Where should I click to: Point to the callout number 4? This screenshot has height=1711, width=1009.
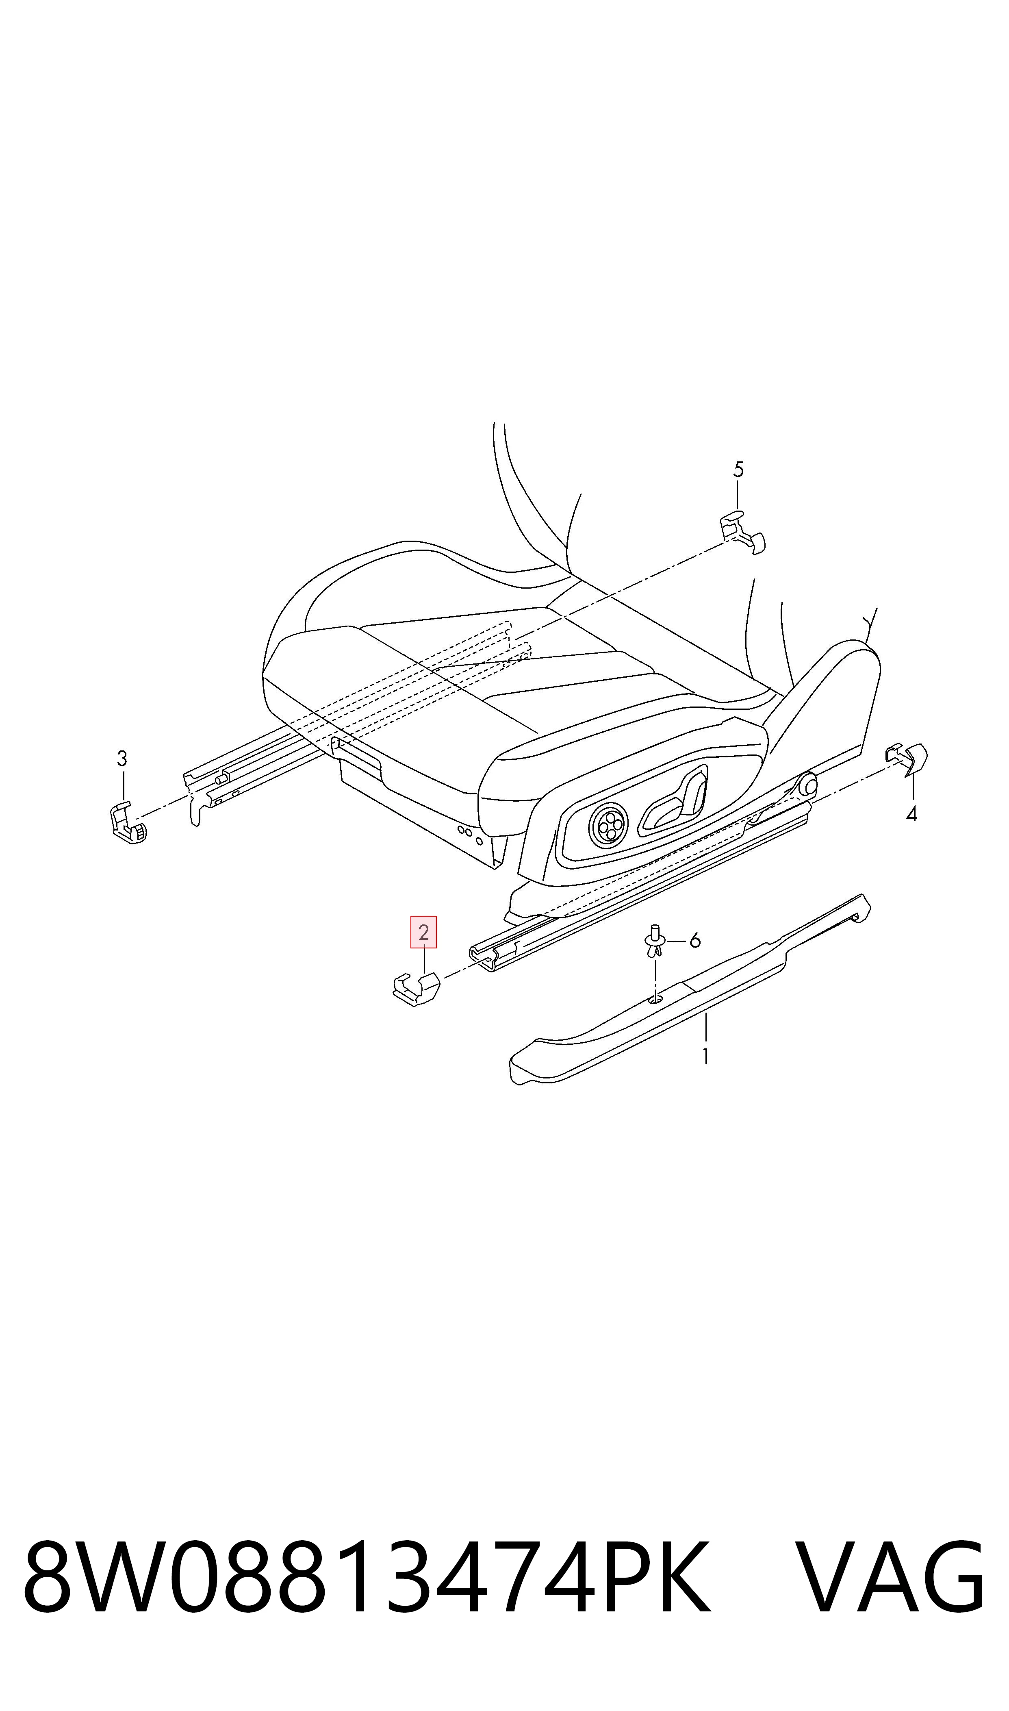click(x=912, y=813)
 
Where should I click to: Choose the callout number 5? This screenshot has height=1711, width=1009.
click(x=738, y=469)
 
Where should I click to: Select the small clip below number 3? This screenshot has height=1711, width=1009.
click(x=128, y=822)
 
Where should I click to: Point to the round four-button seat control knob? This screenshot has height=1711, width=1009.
click(x=608, y=824)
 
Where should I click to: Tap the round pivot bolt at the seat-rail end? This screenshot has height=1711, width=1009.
click(x=808, y=784)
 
